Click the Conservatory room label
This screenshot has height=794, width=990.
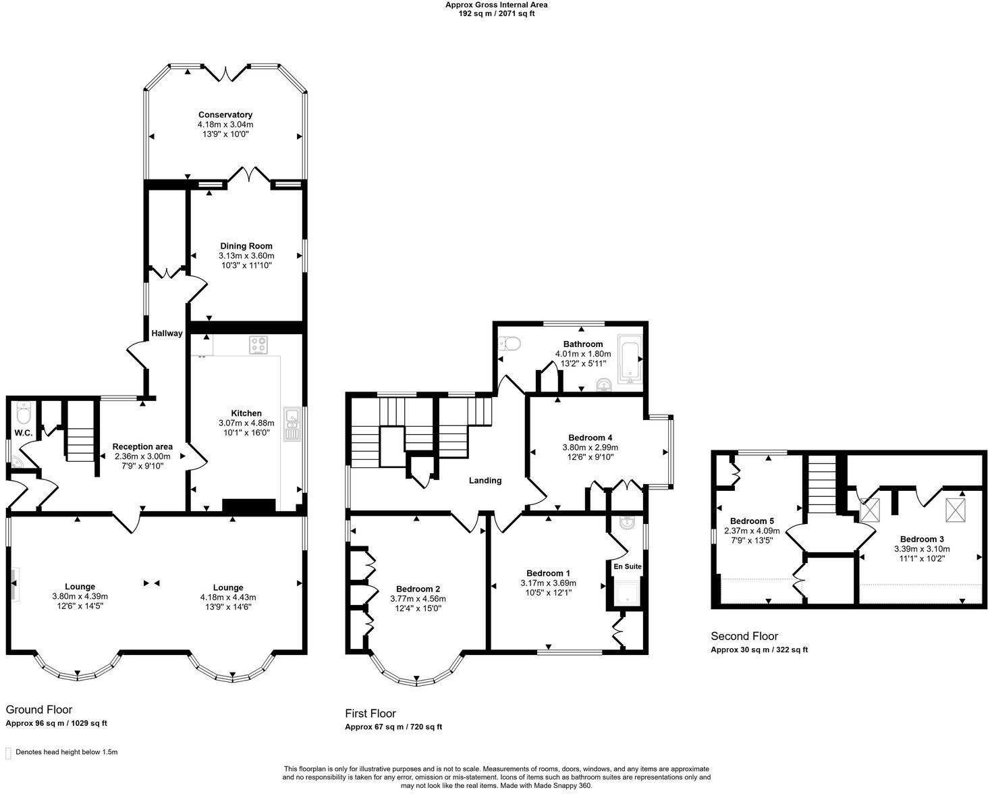tap(225, 115)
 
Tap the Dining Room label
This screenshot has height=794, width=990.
tap(246, 246)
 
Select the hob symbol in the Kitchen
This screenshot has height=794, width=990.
tap(258, 345)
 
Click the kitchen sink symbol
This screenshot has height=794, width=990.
tap(292, 425)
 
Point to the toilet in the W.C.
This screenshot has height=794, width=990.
tap(24, 411)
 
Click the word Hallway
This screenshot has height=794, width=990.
tap(167, 333)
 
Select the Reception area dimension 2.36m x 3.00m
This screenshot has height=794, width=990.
tap(142, 456)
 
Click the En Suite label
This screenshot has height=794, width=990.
tap(627, 566)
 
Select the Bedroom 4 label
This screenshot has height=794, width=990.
tap(590, 438)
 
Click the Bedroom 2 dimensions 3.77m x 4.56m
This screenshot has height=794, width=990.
tap(418, 598)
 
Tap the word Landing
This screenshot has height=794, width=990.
tap(485, 481)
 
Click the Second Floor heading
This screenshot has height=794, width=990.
tap(744, 636)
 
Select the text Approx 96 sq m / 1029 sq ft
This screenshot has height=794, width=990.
tap(56, 723)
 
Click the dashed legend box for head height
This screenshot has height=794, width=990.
tap(8, 752)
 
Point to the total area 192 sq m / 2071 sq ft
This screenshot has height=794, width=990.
tap(496, 14)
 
